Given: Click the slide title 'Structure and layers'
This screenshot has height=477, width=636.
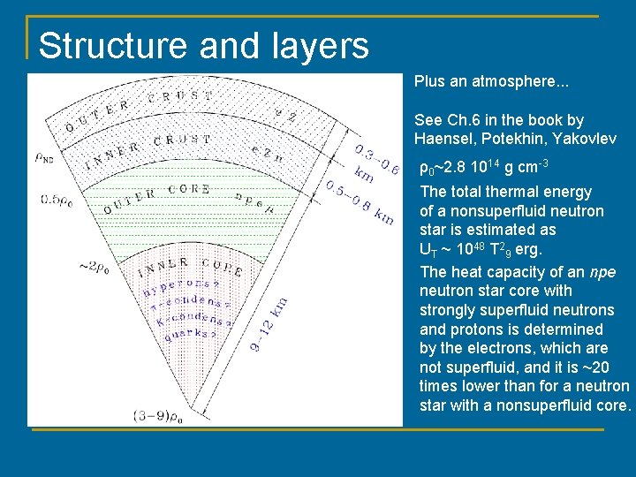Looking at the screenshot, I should click(x=203, y=45).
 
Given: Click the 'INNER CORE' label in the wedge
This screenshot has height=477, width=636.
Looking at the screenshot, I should click(x=190, y=264).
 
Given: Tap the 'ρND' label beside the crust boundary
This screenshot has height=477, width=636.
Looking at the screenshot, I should click(x=45, y=159).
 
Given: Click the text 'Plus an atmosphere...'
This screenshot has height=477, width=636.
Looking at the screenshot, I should click(x=491, y=81).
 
